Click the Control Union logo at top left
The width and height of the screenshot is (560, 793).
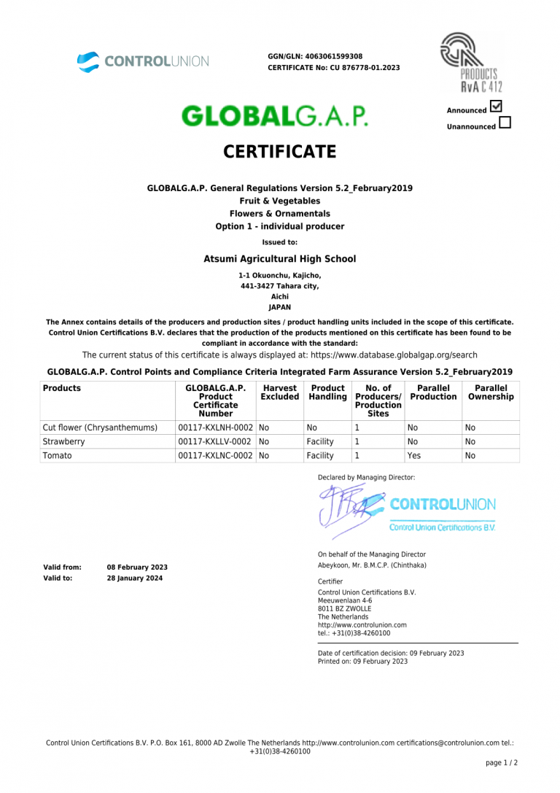(x=143, y=61)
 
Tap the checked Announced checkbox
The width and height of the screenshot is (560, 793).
(x=497, y=107)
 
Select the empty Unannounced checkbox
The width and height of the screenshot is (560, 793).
(x=505, y=123)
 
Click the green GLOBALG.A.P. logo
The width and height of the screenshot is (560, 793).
(x=274, y=116)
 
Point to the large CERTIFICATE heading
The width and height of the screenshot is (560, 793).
(x=279, y=152)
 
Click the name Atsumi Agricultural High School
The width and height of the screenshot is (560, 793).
(x=279, y=258)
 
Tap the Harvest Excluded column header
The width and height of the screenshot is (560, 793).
(x=279, y=392)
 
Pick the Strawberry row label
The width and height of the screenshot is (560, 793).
(x=63, y=441)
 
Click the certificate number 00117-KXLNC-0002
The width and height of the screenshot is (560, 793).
(x=216, y=455)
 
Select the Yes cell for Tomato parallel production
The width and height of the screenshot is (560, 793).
(x=413, y=455)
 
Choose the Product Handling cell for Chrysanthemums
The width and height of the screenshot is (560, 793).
(x=312, y=428)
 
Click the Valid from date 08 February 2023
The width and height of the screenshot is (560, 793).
(x=137, y=567)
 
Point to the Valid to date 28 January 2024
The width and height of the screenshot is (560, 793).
(x=135, y=578)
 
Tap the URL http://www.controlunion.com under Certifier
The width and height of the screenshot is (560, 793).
(x=362, y=625)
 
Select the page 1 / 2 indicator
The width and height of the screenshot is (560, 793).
(x=501, y=762)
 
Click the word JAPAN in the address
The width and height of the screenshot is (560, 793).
(x=279, y=307)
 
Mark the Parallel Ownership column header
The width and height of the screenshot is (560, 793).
(x=491, y=392)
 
